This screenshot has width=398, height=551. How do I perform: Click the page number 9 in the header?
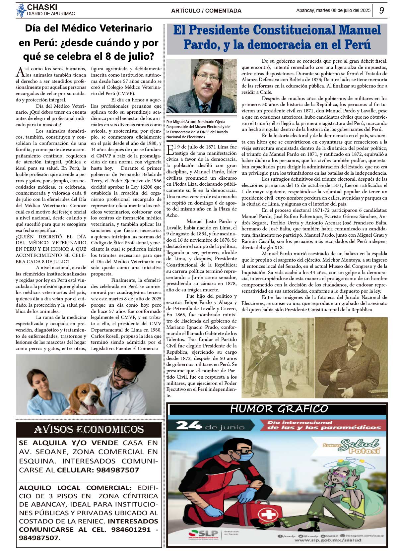381,10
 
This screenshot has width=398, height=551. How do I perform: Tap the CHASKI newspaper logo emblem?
21,10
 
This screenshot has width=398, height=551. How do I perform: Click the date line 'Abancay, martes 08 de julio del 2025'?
333,10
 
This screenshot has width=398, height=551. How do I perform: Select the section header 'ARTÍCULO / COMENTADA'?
206,11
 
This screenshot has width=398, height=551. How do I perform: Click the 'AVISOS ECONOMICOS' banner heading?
89,430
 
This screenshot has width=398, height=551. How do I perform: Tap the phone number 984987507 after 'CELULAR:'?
118,470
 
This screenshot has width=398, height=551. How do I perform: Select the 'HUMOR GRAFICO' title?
279,409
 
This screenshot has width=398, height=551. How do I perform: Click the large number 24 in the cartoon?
188,425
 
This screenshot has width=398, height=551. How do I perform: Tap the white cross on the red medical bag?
267,515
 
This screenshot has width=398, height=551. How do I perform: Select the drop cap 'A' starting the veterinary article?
20,71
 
